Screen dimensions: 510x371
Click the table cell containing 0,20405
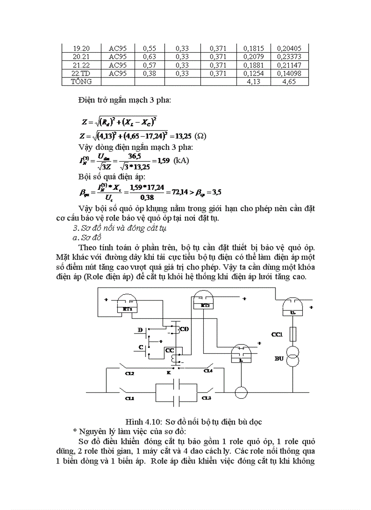click(x=289, y=48)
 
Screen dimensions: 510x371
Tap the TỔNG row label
click(x=81, y=81)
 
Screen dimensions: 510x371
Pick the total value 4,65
click(x=289, y=81)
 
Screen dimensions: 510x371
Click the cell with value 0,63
click(x=149, y=56)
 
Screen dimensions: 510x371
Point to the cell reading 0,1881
click(x=253, y=65)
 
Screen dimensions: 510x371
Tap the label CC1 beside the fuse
click(x=277, y=335)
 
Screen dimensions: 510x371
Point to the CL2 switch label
click(x=130, y=373)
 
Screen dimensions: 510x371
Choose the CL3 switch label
click(x=206, y=398)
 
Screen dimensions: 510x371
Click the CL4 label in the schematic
click(x=208, y=371)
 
